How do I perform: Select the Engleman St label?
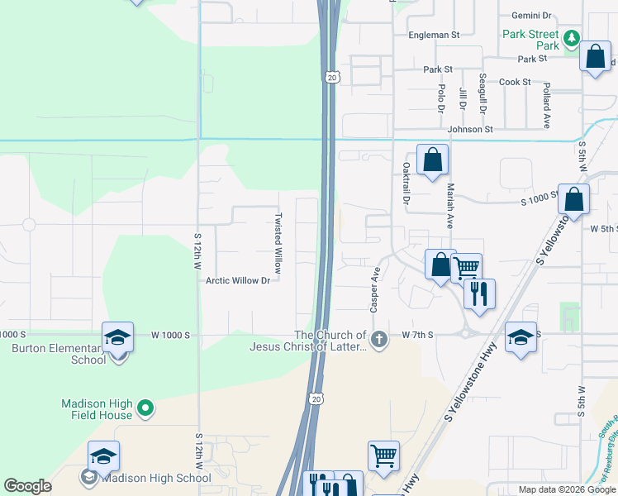tap(434, 36)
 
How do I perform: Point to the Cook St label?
tap(515, 83)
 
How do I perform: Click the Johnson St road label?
tap(470, 130)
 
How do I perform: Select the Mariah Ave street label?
tap(450, 206)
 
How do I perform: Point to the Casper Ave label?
tap(375, 289)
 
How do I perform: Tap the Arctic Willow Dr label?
tap(239, 281)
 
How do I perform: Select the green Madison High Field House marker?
tap(145, 408)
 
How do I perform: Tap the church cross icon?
tap(379, 339)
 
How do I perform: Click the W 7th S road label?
tap(418, 335)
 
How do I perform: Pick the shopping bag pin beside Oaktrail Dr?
tap(432, 160)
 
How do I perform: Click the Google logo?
tap(27, 486)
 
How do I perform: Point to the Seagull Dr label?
tap(483, 93)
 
